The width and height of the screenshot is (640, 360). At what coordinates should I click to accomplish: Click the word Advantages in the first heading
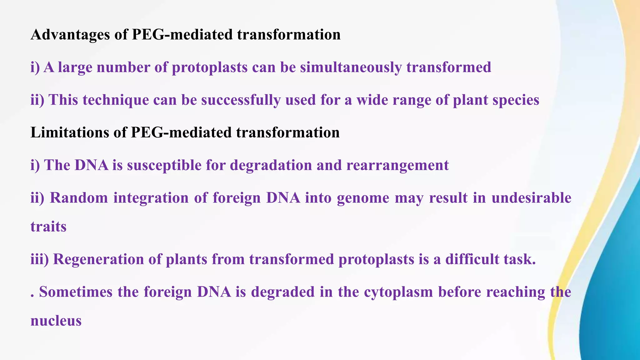(70, 35)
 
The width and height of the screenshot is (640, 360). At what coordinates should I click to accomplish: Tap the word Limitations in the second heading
(69, 132)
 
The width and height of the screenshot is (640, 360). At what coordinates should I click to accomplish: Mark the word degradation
(271, 165)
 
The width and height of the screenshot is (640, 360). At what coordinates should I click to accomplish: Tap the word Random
(79, 198)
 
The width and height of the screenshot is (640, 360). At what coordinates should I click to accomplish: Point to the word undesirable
(531, 198)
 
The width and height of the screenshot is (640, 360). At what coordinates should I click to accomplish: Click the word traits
(48, 227)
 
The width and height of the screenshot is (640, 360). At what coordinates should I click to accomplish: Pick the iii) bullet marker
(39, 259)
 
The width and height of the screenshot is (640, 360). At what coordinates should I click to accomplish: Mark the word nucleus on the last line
(56, 321)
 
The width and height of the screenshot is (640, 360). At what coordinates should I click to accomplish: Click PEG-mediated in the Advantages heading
(182, 35)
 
